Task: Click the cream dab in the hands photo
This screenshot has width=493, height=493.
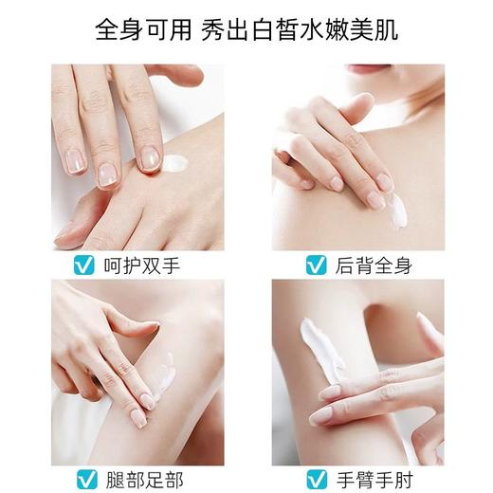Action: pyautogui.click(x=174, y=162)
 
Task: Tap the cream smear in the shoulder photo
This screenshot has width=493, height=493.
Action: pyautogui.click(x=395, y=210)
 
